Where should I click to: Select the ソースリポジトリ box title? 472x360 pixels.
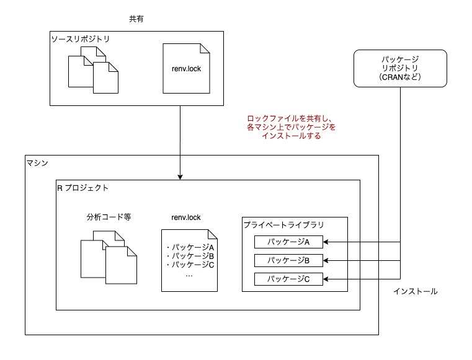tap(81, 39)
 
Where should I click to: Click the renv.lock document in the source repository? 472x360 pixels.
tap(189, 68)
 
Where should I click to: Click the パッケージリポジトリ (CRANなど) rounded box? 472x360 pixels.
tap(401, 68)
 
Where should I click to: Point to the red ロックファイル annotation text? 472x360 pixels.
tap(290, 127)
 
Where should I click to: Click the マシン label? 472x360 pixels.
tap(38, 162)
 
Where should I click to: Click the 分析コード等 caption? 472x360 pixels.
tap(109, 217)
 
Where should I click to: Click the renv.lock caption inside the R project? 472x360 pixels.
tap(187, 217)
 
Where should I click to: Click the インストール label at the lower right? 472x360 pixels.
tap(415, 291)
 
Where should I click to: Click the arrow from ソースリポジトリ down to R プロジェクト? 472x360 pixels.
tap(180, 143)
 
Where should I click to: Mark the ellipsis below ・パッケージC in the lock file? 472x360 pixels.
tap(190, 275)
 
